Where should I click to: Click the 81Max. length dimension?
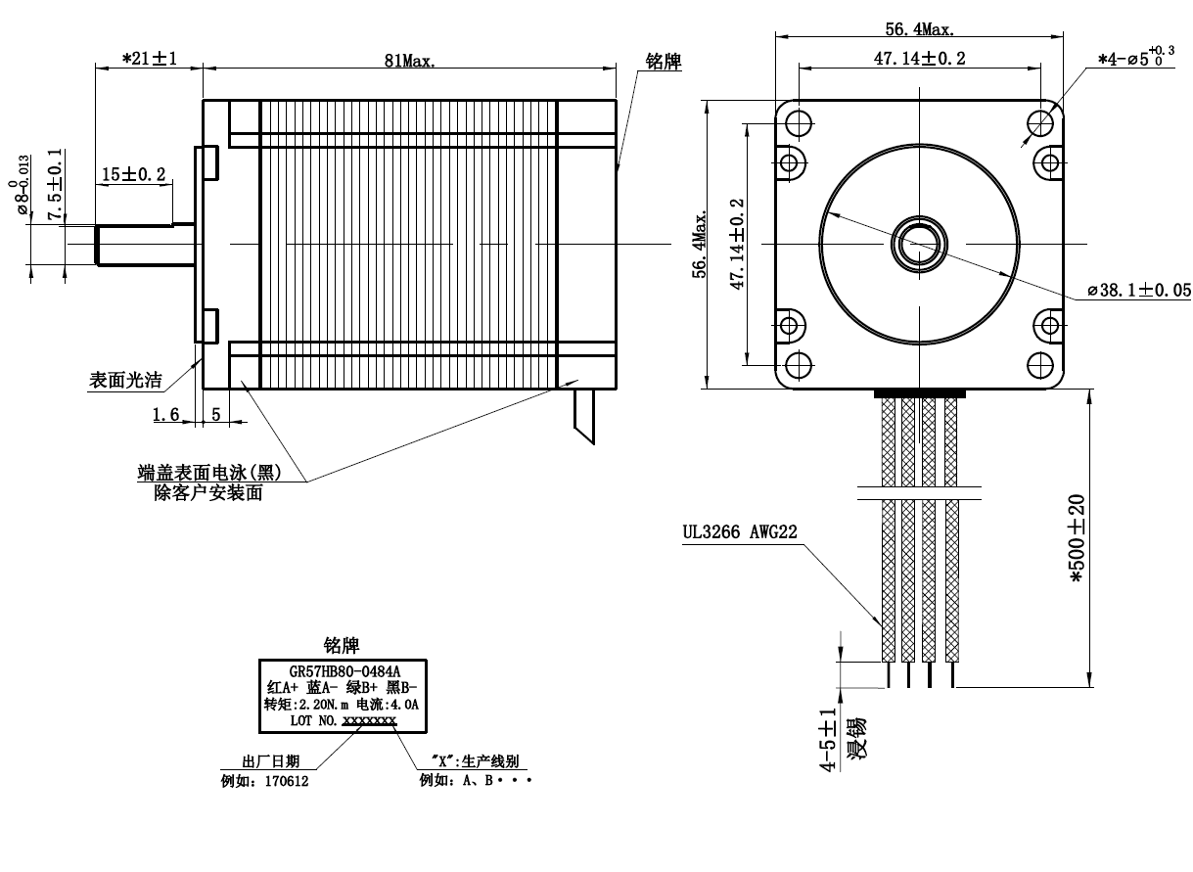click(410, 61)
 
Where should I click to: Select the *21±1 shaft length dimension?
click(150, 58)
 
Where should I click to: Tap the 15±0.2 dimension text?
click(134, 174)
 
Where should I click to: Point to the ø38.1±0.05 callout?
click(1139, 290)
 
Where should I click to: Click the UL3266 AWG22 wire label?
click(740, 531)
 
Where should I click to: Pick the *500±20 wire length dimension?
click(1077, 538)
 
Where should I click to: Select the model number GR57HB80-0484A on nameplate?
click(344, 671)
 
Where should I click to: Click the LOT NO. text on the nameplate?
click(313, 720)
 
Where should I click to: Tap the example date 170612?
click(287, 781)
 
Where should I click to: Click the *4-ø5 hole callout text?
click(1135, 57)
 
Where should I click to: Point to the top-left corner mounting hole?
click(799, 123)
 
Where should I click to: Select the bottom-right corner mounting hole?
click(1039, 365)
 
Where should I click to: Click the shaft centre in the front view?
click(919, 244)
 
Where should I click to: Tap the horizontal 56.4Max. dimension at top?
click(920, 28)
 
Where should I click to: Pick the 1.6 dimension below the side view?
click(165, 414)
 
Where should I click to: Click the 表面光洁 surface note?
click(125, 380)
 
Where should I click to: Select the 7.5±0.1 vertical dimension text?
click(55, 184)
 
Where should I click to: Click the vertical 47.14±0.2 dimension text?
click(737, 245)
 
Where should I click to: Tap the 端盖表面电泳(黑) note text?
click(209, 473)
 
